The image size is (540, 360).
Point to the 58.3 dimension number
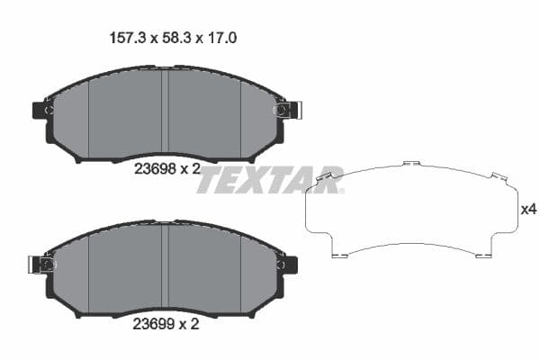[x=170, y=39]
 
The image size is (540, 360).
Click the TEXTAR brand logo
[x=270, y=180]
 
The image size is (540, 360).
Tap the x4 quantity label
[x=529, y=210]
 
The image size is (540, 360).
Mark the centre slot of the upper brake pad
[x=165, y=112]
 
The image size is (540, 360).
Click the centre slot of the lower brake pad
[x=165, y=266]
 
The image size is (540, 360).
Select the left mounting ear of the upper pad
[x=41, y=110]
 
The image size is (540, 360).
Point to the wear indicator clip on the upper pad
[x=289, y=110]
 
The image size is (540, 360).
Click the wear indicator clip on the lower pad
[x=40, y=265]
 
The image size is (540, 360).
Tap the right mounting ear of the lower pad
[x=289, y=265]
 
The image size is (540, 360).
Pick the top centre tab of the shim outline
[x=411, y=164]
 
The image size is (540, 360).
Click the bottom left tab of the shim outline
[x=339, y=255]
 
